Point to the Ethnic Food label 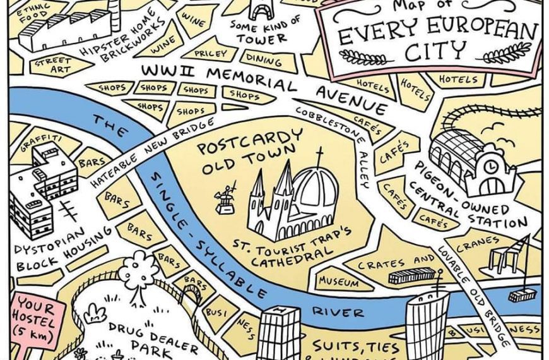coord(31,14)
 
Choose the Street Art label coord(54,64)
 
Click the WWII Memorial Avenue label coord(265,80)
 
